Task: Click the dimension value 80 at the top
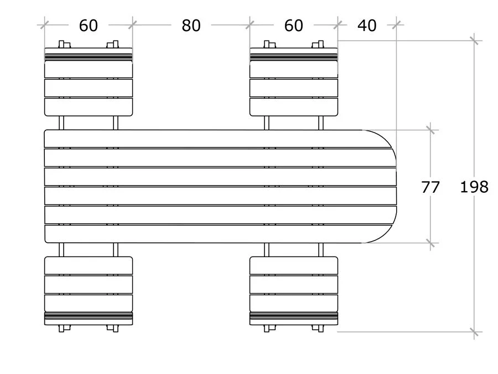(191, 25)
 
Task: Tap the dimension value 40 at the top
(367, 25)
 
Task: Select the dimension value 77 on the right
(430, 187)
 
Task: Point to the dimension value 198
(474, 187)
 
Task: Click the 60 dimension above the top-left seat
(89, 25)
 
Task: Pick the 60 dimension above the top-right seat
(294, 25)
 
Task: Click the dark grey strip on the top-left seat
(89, 57)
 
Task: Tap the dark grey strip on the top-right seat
(294, 57)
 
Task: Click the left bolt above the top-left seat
(64, 44)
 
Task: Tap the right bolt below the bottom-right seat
(318, 328)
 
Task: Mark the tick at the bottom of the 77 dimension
(430, 243)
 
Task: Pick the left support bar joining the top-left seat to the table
(62, 122)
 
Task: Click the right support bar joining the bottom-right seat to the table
(320, 249)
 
